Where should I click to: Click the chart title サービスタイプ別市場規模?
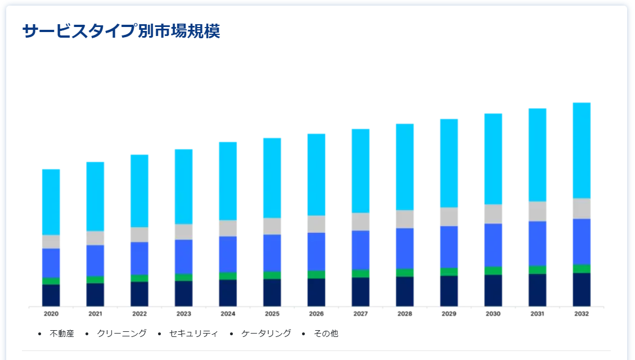pos(121,31)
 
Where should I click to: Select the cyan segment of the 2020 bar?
pos(51,202)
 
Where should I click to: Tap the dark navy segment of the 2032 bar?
pos(582,290)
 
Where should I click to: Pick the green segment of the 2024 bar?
pos(228,276)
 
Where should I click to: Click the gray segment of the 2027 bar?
pos(361,222)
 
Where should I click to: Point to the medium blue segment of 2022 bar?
pos(139,258)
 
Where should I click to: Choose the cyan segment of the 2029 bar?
pos(449,163)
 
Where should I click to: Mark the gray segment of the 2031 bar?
pos(537,211)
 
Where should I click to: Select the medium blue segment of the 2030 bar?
pos(493,245)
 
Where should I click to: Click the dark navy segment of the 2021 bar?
pos(95,295)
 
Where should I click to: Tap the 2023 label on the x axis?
pos(184,314)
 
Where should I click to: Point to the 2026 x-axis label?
pos(316,314)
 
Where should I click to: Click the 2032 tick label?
pos(582,314)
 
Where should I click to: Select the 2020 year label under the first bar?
pos(51,314)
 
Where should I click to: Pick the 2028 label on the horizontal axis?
pos(405,314)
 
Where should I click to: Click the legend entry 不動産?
pos(62,334)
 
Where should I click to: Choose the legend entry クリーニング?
pos(121,334)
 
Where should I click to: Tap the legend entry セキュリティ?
pos(193,334)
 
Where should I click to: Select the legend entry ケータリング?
pos(266,334)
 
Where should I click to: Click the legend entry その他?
pos(326,334)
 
